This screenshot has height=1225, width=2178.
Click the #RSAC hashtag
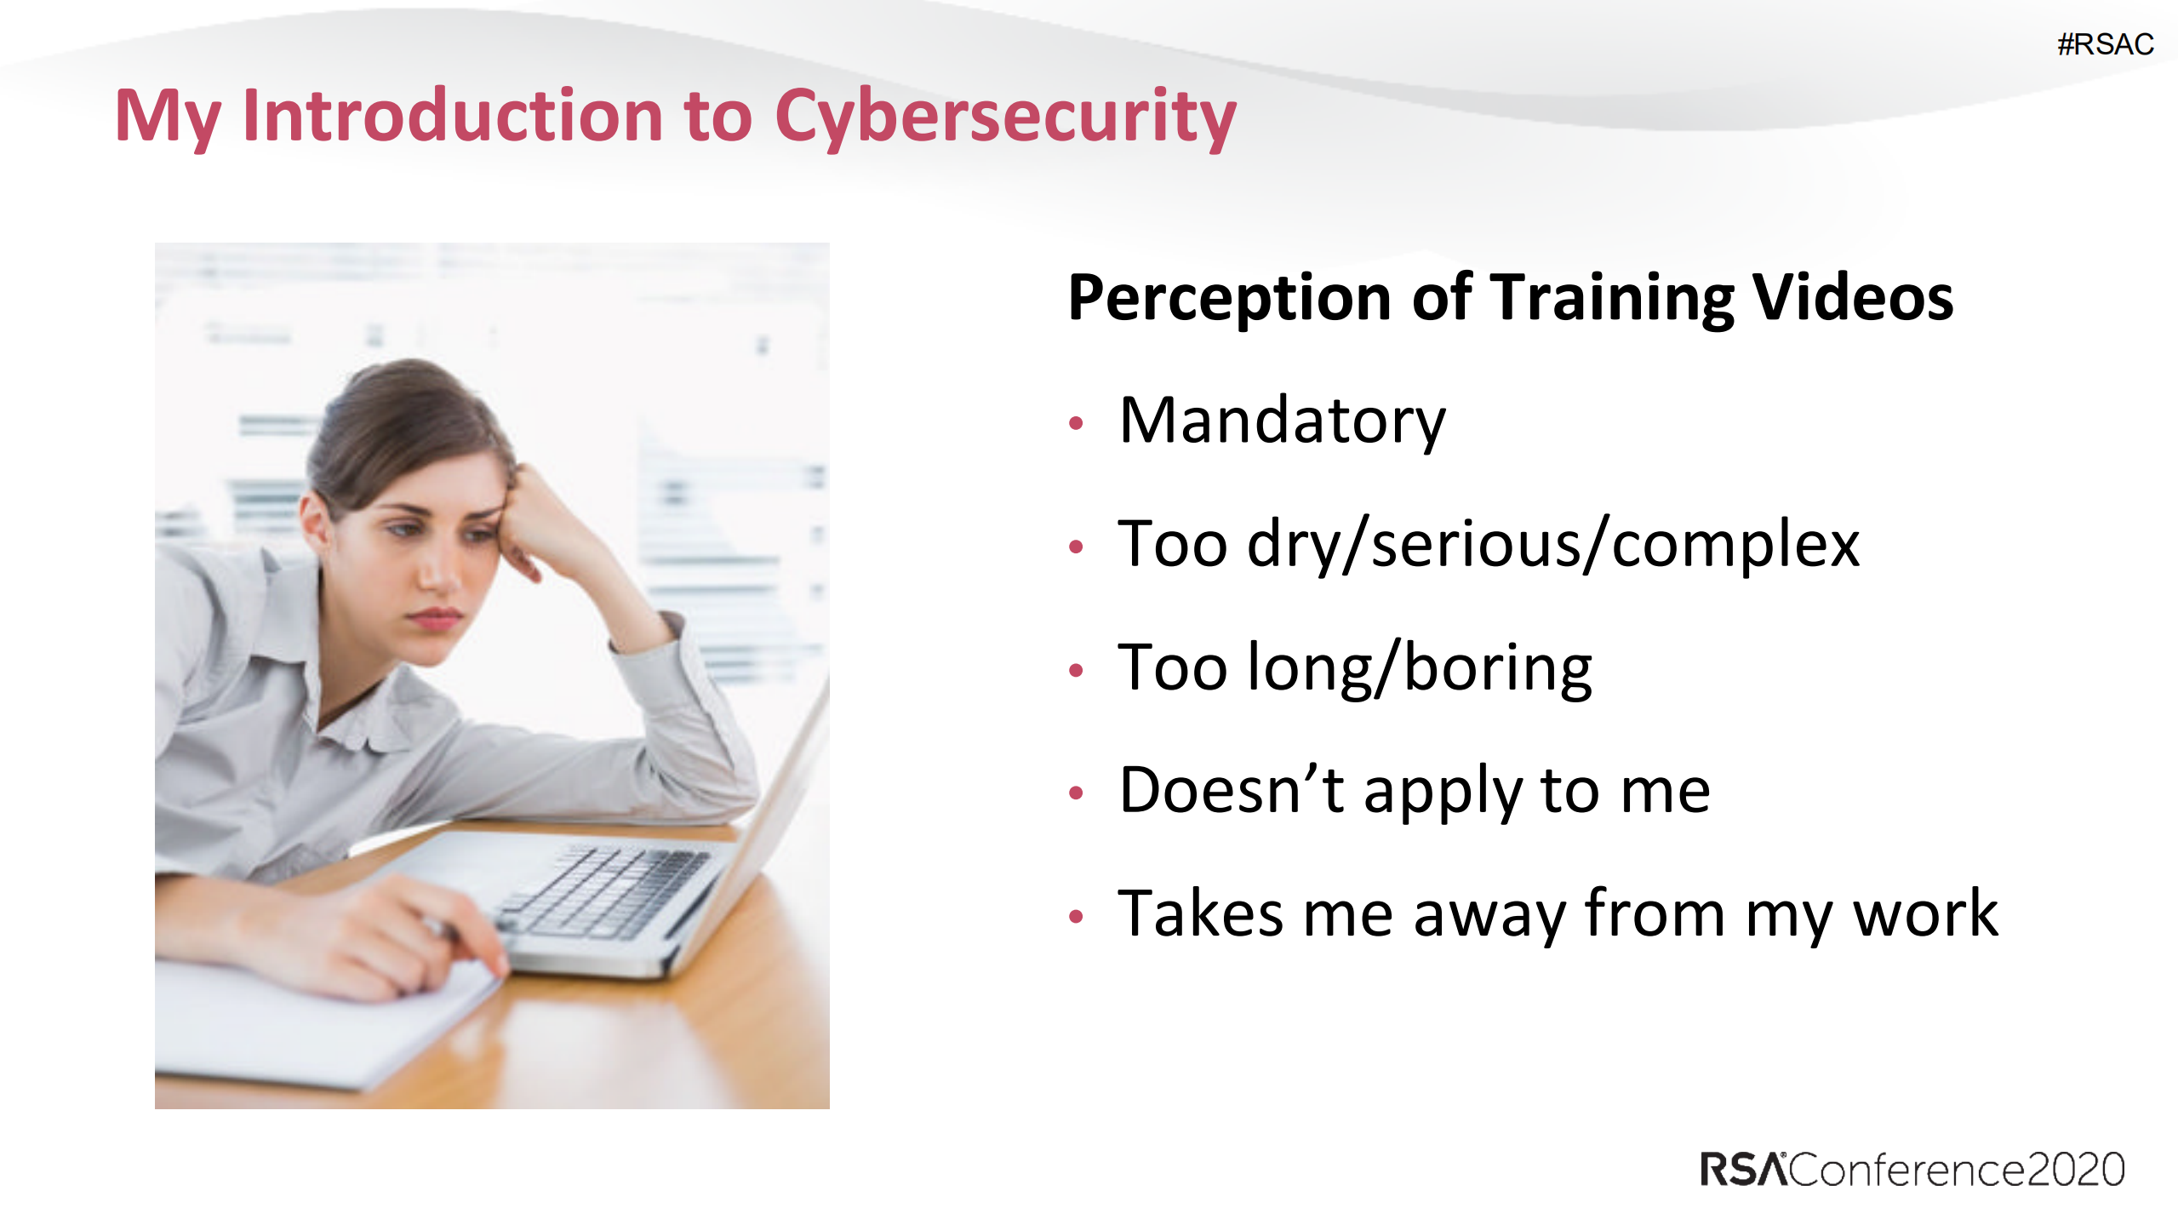(2105, 43)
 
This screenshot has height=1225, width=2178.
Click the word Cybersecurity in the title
(1005, 117)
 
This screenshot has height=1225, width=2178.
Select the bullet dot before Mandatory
(1076, 423)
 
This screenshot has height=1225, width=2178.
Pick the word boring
(1498, 669)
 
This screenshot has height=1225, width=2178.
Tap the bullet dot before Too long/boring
(1076, 671)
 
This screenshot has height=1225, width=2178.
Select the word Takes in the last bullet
(1200, 913)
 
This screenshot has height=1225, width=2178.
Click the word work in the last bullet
(1925, 913)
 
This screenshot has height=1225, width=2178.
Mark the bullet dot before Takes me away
(1076, 917)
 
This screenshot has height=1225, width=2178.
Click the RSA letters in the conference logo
(1743, 1169)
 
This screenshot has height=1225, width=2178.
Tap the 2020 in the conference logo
(2076, 1169)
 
